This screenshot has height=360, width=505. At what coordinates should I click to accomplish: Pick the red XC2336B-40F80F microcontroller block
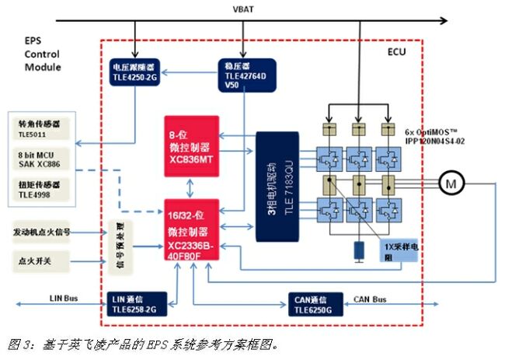pos(190,229)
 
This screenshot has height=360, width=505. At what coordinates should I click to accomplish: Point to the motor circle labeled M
pos(451,183)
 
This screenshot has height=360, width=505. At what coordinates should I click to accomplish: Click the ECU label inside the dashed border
pos(396,51)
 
